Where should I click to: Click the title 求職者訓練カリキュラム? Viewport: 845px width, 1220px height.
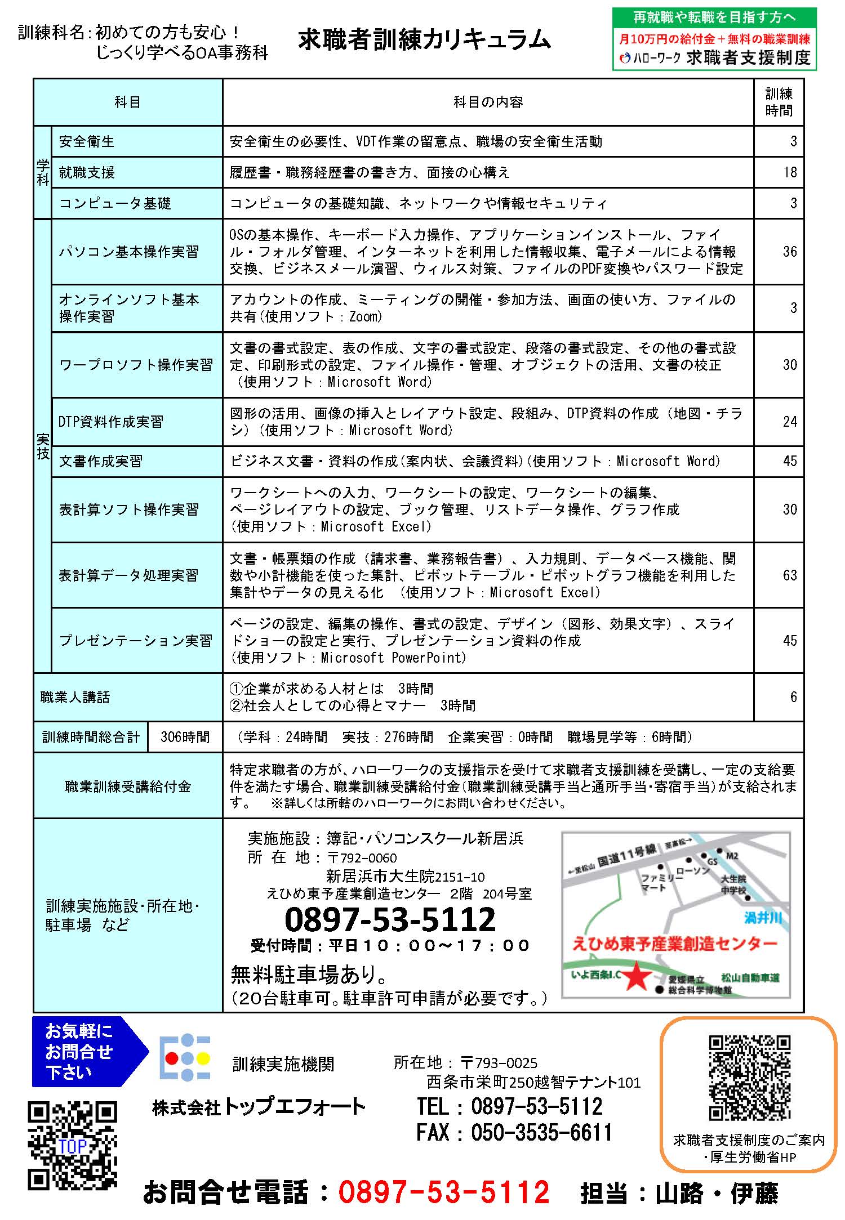424,41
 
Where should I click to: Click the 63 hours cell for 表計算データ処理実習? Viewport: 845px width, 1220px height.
789,575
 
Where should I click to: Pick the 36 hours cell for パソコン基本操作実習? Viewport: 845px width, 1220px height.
789,251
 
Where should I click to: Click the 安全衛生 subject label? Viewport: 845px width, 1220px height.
87,141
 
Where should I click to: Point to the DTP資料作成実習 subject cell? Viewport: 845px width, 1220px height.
111,422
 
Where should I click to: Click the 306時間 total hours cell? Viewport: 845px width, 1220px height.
185,737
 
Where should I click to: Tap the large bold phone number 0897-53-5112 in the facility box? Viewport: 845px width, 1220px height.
390,919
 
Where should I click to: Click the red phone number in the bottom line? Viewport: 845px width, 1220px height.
443,1192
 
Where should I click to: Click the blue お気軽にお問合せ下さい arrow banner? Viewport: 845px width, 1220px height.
82,1051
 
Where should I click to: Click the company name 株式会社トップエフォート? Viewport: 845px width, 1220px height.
259,1107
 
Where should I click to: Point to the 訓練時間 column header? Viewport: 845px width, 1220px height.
779,102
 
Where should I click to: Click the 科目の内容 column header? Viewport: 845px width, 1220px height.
488,102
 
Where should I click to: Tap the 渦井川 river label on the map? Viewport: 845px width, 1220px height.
763,918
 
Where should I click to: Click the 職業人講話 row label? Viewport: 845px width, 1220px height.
75,697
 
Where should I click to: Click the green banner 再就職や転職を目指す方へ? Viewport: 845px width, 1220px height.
714,17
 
